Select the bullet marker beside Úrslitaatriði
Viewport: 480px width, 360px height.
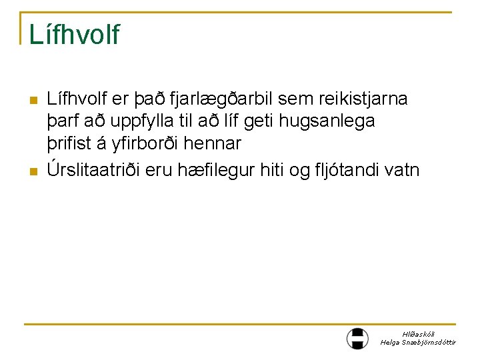click(x=33, y=172)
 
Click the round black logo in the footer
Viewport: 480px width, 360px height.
click(x=358, y=338)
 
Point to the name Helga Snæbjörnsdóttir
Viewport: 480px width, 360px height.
click(x=419, y=342)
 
